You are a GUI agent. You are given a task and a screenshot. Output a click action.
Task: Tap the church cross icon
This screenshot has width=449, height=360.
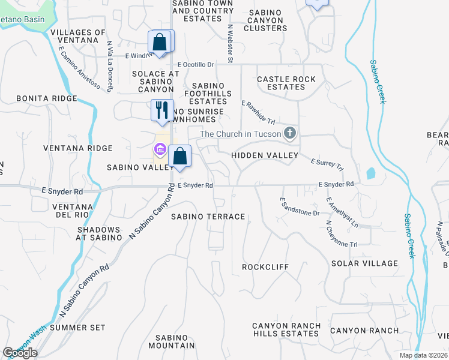click(291, 133)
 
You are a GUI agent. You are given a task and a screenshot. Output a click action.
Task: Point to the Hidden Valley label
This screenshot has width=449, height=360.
click(265, 155)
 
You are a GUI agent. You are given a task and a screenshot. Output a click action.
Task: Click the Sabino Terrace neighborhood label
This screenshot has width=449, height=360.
click(208, 216)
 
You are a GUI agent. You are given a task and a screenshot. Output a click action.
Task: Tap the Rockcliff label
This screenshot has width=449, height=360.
click(265, 266)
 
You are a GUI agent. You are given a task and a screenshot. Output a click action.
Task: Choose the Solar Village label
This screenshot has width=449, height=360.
click(364, 263)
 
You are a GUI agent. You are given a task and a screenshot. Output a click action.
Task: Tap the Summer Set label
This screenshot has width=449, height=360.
click(77, 328)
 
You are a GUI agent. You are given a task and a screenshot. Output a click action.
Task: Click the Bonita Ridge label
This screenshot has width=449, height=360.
click(46, 98)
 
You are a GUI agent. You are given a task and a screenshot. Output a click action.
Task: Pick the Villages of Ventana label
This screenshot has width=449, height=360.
click(78, 36)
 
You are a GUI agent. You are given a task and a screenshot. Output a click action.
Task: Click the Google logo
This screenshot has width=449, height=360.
click(20, 353)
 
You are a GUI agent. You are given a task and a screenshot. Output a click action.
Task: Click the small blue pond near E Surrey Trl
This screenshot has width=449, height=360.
click(370, 174)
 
